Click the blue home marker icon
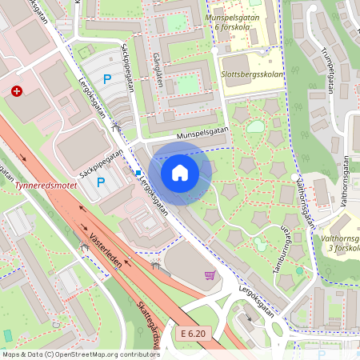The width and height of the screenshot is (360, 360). (x=180, y=173)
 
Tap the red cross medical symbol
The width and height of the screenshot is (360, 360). (x=17, y=92)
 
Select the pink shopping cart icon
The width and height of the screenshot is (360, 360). (x=210, y=275)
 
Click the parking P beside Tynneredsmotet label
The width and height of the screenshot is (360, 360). (x=101, y=182)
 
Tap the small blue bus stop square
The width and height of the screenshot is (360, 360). (x=138, y=173)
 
